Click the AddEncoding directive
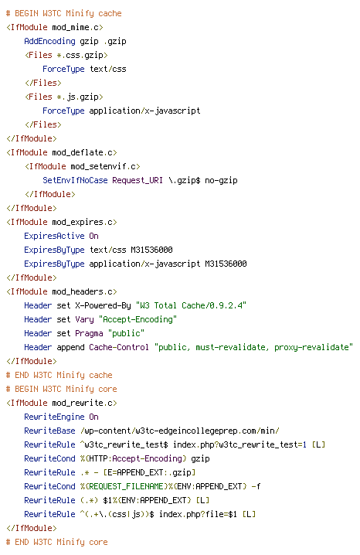pos(49,41)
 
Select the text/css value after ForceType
pos(108,69)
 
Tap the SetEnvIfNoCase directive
pos(75,180)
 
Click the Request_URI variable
pos(138,180)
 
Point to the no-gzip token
pos(221,181)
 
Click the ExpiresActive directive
pos(54,236)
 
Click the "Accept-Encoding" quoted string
pos(138,319)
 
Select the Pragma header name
pos(89,333)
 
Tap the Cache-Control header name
pos(119,347)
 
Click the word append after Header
pos(70,348)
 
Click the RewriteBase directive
pos(49,431)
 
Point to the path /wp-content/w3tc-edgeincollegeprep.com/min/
pos(180,431)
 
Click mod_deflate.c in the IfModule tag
pos(84,152)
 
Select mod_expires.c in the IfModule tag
pos(84,223)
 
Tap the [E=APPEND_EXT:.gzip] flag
pos(149,472)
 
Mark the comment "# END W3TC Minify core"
pos(57,542)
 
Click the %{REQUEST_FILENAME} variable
pos(124,486)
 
